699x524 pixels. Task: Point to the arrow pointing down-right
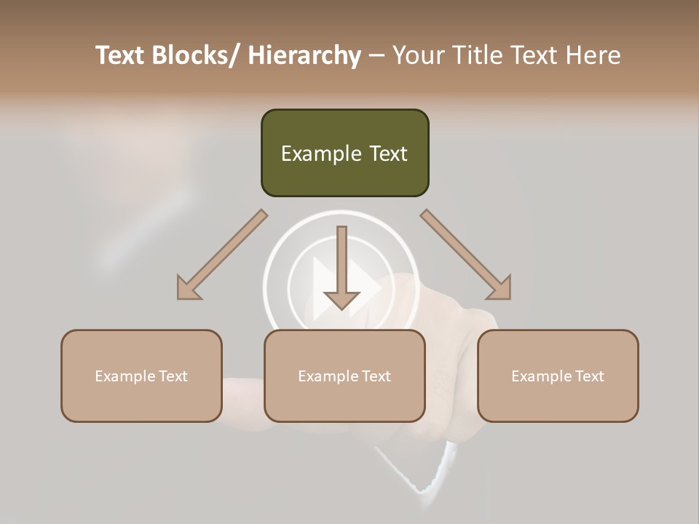[x=466, y=255]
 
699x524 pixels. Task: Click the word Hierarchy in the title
[x=304, y=55]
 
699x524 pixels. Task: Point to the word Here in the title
[x=593, y=55]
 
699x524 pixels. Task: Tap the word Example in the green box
[x=321, y=154]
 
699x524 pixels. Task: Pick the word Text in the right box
[x=589, y=376]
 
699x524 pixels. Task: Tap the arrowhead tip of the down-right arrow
[x=509, y=298]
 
